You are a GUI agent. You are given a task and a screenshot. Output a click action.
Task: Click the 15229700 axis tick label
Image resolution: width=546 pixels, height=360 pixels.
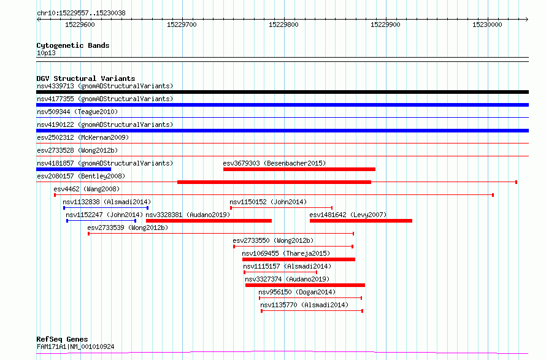(182, 25)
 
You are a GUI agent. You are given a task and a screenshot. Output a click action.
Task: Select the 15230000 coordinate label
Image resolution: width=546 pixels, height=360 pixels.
(487, 25)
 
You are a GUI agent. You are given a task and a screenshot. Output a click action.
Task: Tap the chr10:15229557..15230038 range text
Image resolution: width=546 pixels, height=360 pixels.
(81, 13)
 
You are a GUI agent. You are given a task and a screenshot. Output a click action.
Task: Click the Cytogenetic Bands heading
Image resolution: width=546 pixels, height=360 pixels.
(73, 45)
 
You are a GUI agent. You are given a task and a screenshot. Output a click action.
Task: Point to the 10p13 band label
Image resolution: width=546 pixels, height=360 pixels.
(46, 53)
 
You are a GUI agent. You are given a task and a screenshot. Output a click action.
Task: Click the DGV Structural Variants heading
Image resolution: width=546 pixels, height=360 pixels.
(86, 79)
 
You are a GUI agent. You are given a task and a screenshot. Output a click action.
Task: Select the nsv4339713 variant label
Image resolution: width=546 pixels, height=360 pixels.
(55, 86)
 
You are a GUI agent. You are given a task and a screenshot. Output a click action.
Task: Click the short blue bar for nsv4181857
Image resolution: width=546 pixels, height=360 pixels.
(74, 169)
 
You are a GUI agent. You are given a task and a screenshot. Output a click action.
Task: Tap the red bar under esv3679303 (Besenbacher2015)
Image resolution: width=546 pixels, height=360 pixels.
(299, 169)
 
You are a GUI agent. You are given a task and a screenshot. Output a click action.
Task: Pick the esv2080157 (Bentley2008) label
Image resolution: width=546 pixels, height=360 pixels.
(81, 176)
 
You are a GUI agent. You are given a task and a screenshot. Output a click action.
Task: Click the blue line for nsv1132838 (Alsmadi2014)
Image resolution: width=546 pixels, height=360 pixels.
(106, 208)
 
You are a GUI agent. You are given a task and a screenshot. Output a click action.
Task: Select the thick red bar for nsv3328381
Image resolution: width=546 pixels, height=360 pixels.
(209, 221)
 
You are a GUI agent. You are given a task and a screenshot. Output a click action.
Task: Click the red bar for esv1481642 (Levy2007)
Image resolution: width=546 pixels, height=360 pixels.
(361, 221)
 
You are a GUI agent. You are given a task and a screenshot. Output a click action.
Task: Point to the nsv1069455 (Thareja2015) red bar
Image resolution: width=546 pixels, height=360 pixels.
(298, 259)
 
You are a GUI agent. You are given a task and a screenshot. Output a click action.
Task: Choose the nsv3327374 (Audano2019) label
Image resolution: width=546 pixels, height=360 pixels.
(287, 279)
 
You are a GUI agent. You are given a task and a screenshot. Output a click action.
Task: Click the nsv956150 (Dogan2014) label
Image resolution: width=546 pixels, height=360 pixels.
(297, 292)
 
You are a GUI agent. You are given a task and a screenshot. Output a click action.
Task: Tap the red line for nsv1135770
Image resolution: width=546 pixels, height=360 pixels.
(312, 311)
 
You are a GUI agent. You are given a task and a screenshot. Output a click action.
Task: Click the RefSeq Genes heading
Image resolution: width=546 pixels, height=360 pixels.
(62, 339)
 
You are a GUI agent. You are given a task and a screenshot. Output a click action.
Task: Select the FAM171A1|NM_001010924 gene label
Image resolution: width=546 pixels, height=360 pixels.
(75, 347)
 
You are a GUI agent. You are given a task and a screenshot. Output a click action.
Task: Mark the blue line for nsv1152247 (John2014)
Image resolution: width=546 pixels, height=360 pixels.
(101, 221)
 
